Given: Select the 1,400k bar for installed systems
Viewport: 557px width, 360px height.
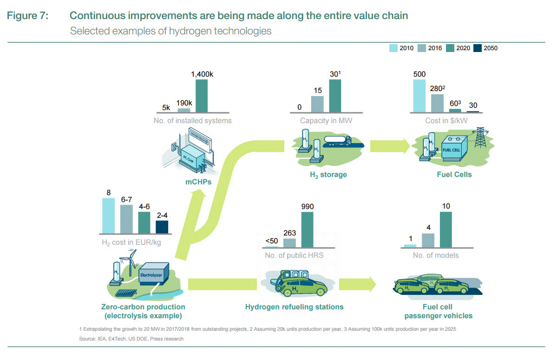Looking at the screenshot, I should point(202,96).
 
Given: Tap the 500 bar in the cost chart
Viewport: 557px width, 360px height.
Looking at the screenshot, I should point(419,96).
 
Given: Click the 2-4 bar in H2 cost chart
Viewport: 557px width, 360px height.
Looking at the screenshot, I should point(162,227).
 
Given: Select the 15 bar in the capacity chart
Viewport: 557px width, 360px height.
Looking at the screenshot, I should point(317,104).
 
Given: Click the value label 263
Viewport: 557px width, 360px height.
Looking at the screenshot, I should point(289,233).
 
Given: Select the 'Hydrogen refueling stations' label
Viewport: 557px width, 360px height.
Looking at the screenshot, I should point(295,307).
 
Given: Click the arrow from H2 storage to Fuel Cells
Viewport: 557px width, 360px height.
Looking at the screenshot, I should point(390,146).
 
